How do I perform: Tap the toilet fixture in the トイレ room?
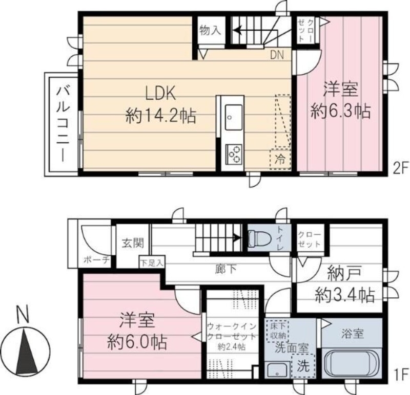pos(257,238)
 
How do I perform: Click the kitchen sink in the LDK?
pos(233,117)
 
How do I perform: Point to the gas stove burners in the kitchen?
pos(234,155)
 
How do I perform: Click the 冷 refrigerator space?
pos(280,159)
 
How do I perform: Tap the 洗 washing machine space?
pos(303,366)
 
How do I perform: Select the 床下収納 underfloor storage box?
pos(277,331)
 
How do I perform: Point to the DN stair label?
pos(277,55)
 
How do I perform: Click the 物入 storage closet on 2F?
pos(211,31)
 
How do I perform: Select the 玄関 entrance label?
pos(133,244)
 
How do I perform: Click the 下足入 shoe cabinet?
pos(152,262)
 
